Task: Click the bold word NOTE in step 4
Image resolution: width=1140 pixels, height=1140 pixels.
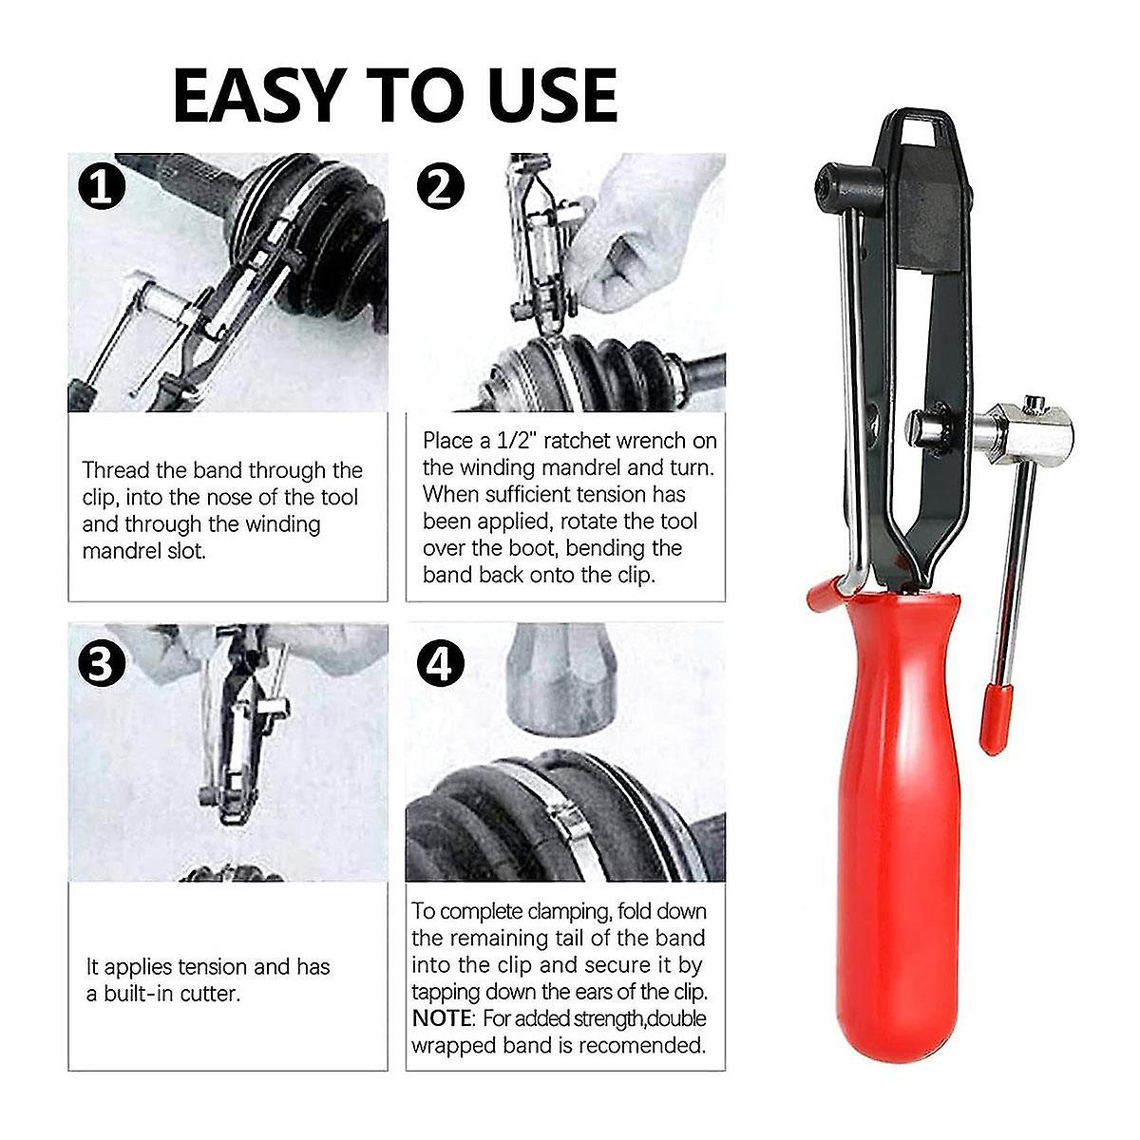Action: (x=441, y=1018)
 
